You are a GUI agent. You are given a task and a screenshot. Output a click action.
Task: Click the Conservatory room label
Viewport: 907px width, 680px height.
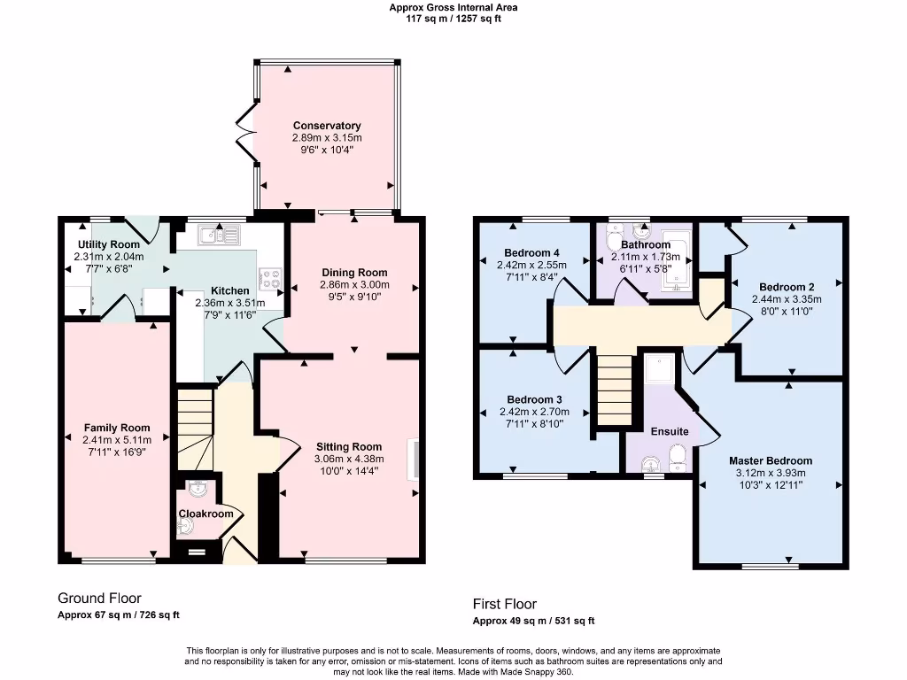327,126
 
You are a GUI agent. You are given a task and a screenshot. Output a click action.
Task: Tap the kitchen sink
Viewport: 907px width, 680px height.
219,235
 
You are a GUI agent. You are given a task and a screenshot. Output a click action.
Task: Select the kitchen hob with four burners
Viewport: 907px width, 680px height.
268,280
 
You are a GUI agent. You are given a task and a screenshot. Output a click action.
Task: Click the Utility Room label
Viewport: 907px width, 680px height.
108,244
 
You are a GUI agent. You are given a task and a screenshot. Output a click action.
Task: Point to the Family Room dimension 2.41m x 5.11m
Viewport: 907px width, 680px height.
117,440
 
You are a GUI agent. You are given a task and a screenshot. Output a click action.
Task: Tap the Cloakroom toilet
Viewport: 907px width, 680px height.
185,528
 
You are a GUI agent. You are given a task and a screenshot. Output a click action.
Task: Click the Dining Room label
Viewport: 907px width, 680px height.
353,273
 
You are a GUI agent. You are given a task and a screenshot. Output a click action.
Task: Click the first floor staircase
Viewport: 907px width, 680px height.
614,390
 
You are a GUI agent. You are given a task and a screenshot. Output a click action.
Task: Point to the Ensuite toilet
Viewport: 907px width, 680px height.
678,457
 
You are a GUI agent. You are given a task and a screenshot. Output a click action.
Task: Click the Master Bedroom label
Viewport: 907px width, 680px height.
770,460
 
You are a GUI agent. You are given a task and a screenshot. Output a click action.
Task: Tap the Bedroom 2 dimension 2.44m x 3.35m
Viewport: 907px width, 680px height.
787,299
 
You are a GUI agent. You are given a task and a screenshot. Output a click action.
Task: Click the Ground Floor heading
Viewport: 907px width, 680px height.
99,599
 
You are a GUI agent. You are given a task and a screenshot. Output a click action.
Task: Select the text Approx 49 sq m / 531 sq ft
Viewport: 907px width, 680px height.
533,621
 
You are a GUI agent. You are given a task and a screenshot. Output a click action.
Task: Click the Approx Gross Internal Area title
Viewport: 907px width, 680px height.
453,7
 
